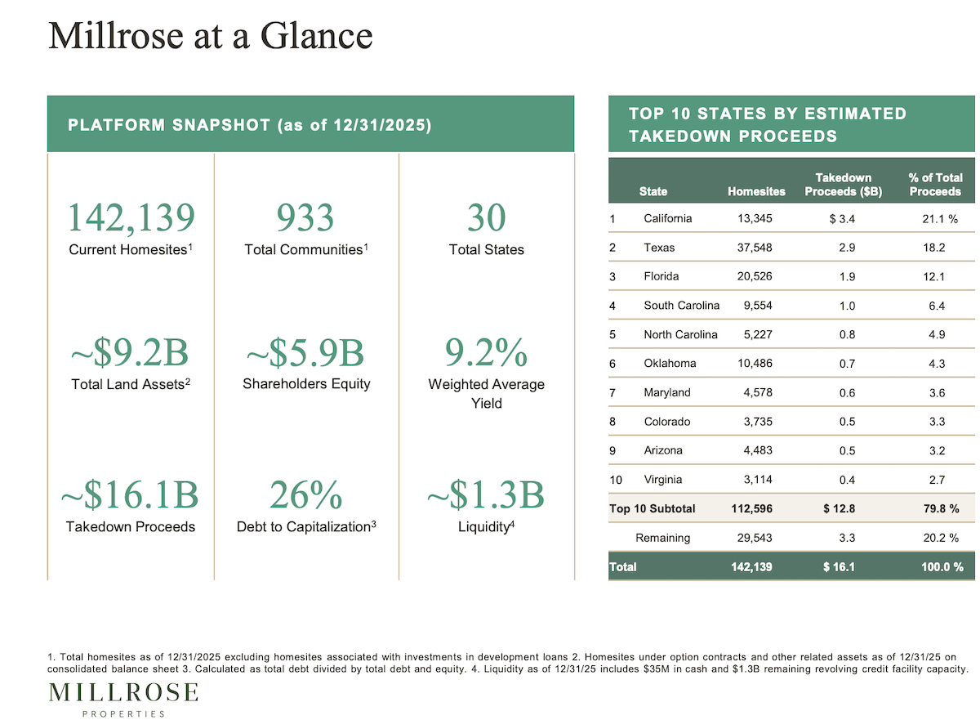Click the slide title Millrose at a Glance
pyautogui.click(x=210, y=36)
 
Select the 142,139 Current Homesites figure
pyautogui.click(x=131, y=218)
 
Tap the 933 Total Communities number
pyautogui.click(x=305, y=218)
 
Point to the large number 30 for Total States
pyautogui.click(x=486, y=218)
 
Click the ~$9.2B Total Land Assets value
pyautogui.click(x=131, y=353)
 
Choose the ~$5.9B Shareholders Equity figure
pyautogui.click(x=305, y=353)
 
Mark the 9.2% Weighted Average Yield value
pyautogui.click(x=486, y=353)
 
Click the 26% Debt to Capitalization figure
pyautogui.click(x=305, y=495)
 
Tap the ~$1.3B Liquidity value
pyautogui.click(x=486, y=495)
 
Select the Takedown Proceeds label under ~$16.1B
pyautogui.click(x=131, y=527)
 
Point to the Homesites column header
pyautogui.click(x=756, y=191)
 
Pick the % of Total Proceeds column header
pyautogui.click(x=935, y=185)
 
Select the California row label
pyautogui.click(x=667, y=218)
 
